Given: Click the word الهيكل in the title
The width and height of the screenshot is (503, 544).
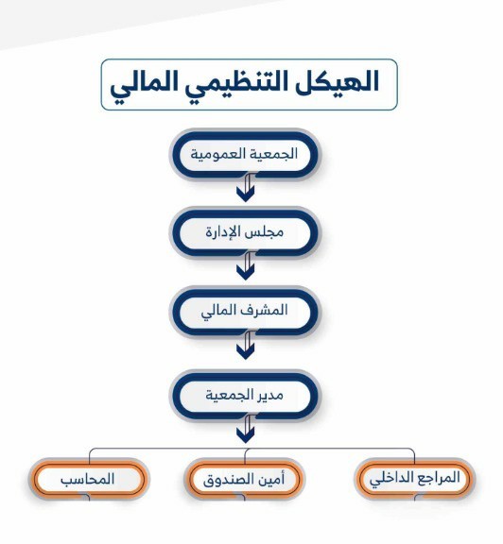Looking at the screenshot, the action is (x=337, y=82).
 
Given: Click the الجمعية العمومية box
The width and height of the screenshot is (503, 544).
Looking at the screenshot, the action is (x=245, y=154).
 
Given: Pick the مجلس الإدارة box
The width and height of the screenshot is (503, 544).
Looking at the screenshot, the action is (x=245, y=232).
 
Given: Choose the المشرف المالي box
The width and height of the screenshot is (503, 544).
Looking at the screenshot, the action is (x=245, y=312).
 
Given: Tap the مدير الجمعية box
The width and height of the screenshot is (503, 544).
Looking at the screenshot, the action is (x=245, y=395).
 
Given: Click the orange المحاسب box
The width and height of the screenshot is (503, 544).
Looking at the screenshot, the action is (x=89, y=479).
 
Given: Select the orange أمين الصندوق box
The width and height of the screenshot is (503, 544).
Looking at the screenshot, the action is (x=245, y=479).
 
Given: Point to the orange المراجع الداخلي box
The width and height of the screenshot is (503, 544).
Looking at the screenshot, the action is (x=414, y=479).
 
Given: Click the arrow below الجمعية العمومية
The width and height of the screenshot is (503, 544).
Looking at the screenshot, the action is (x=246, y=187).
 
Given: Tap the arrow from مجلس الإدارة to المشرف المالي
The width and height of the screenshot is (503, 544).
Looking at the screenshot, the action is (x=246, y=265).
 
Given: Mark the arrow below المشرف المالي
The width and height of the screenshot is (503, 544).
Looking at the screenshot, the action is (x=246, y=345).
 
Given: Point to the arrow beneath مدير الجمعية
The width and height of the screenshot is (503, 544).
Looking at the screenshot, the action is (x=246, y=428).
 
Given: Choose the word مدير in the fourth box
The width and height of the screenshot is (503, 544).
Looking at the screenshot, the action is (x=270, y=395).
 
